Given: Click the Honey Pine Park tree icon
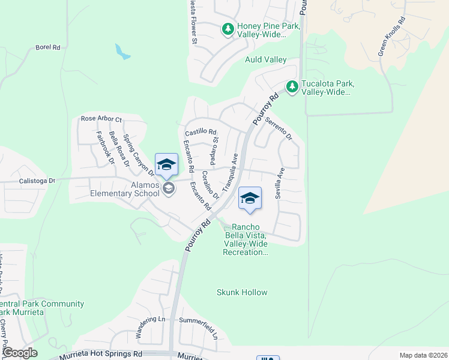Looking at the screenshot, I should [x=228, y=29].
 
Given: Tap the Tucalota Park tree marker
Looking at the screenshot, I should [x=292, y=88].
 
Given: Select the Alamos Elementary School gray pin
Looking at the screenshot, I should [x=169, y=189].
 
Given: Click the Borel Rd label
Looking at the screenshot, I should [x=49, y=47].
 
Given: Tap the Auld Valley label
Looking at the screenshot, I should [x=265, y=59].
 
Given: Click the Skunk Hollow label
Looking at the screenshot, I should [x=241, y=292].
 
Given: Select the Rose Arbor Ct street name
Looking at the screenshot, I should [x=101, y=119].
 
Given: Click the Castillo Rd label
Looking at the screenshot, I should [x=200, y=131].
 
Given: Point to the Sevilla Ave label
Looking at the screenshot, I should [x=279, y=183].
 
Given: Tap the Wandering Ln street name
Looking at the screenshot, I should [x=146, y=326].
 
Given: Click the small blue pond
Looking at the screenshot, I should [x=122, y=52].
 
